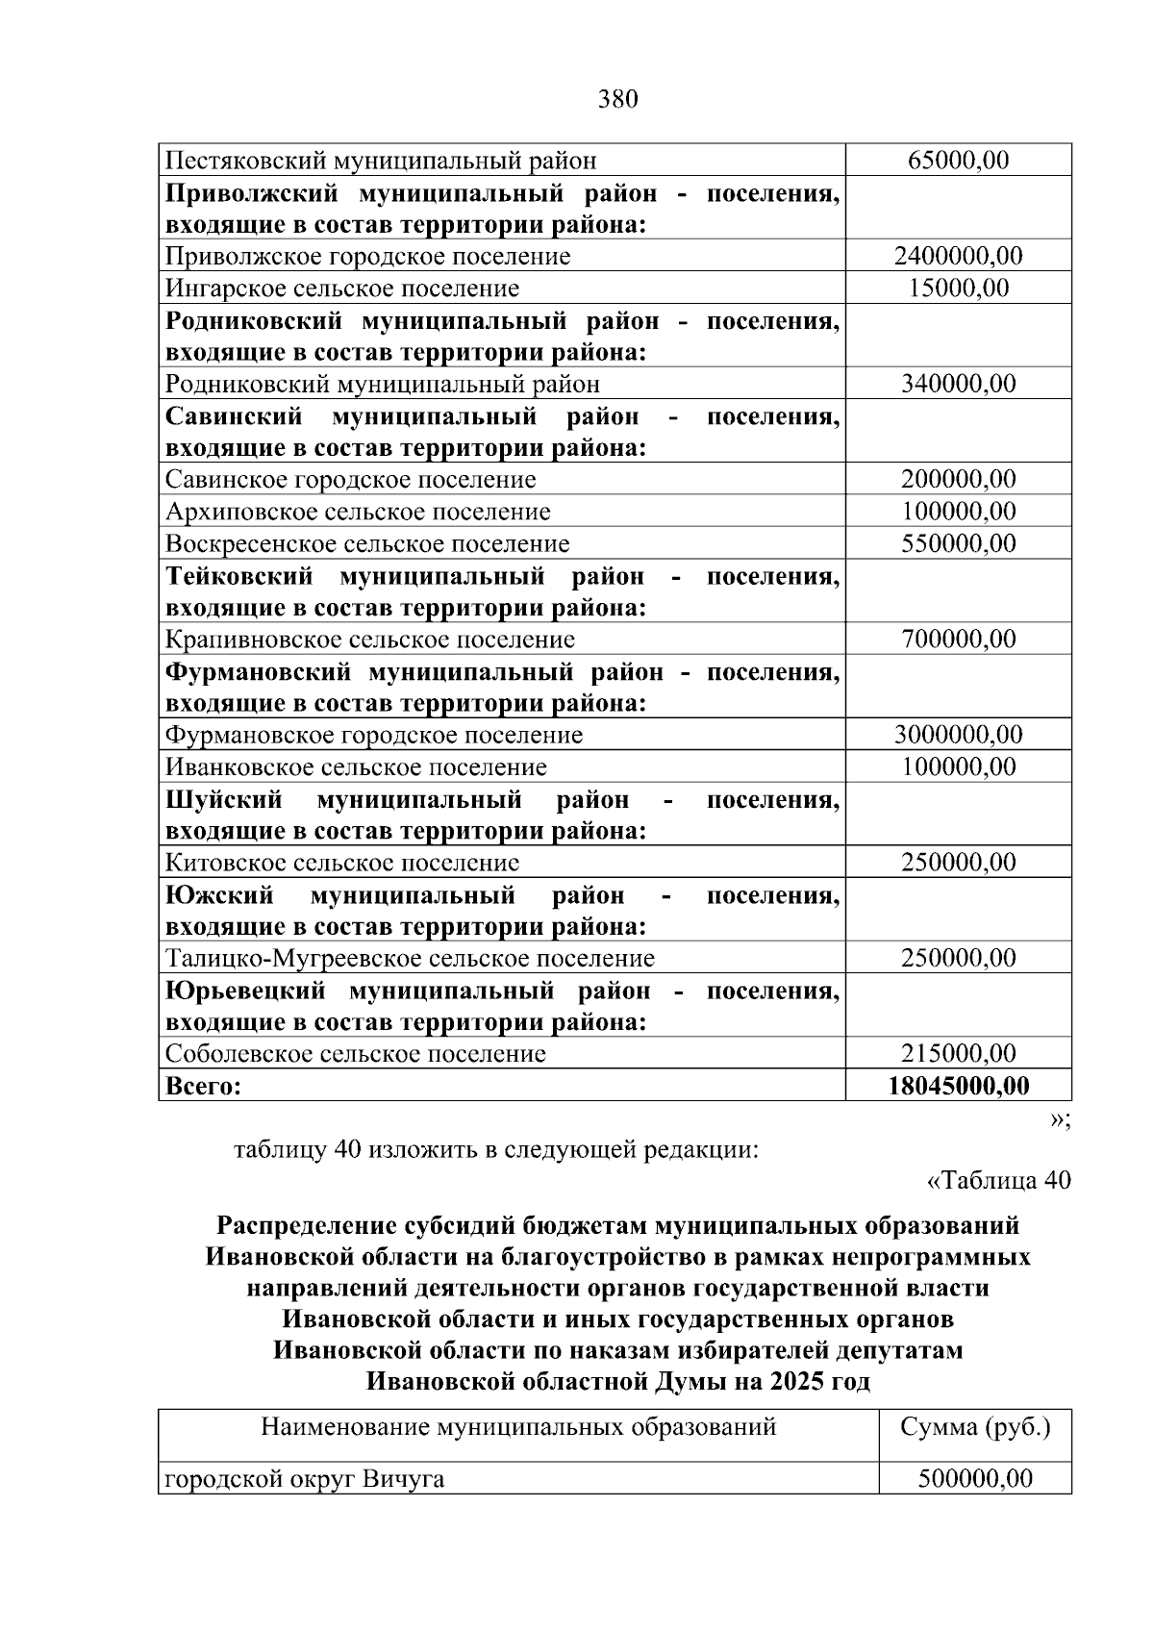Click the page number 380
point(617,99)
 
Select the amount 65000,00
point(958,161)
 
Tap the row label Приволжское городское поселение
point(367,257)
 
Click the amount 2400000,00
point(958,256)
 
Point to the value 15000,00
point(958,288)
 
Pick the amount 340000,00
point(958,384)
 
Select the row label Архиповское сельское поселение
point(358,512)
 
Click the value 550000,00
point(958,543)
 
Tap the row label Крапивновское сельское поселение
point(370,640)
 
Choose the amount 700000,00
point(958,639)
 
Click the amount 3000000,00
point(958,735)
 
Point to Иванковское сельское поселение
point(356,767)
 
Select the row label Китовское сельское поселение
point(342,863)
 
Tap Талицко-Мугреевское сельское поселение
point(410,959)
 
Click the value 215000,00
point(958,1053)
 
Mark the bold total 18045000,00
point(958,1086)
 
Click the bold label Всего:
point(203,1087)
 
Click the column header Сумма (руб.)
point(975,1426)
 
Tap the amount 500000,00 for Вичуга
point(975,1478)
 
